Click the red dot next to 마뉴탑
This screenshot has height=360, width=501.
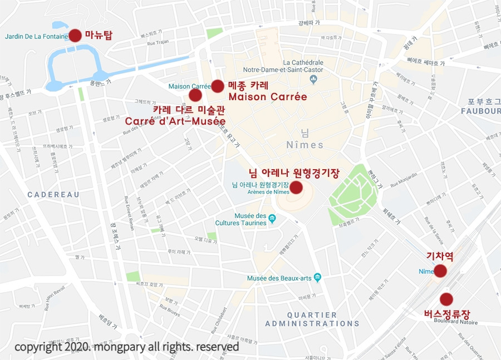(75, 36)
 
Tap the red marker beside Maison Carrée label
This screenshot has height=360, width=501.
(218, 86)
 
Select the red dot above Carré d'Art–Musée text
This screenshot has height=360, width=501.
(195, 95)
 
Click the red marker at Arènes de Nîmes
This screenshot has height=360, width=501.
(296, 187)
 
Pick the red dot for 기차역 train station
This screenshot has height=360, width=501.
(440, 271)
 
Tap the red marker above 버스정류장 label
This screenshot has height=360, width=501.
(446, 299)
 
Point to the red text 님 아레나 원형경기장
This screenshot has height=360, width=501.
(293, 173)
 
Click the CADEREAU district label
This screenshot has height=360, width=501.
(53, 195)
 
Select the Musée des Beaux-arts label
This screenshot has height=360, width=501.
(279, 278)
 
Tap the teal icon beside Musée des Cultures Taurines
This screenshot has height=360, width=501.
(272, 218)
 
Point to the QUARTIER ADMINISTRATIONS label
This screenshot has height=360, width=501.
(312, 319)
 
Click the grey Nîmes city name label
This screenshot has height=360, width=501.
(304, 145)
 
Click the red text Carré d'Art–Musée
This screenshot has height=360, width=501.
(175, 121)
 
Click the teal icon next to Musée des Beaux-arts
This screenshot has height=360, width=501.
(317, 277)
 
